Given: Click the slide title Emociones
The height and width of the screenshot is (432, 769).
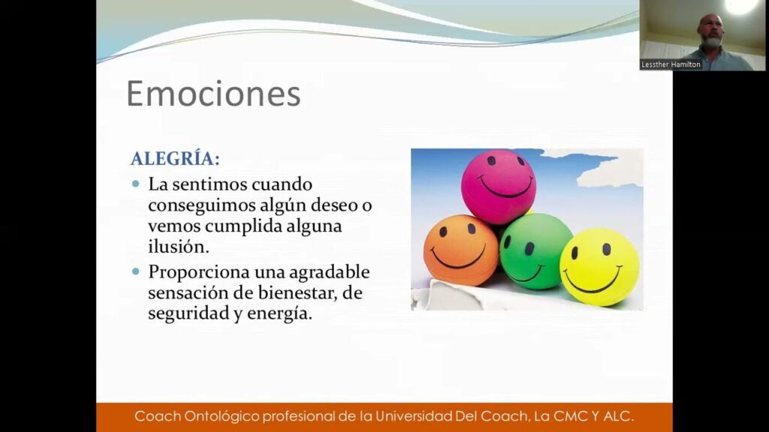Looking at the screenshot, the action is [x=213, y=93].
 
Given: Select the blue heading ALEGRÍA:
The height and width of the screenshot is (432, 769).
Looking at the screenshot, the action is [x=175, y=159].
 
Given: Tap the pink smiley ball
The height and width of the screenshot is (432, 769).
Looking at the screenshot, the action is [x=499, y=187].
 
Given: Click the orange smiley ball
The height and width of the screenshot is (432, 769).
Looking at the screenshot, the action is [x=461, y=250].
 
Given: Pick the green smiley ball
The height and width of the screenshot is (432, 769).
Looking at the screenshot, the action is [x=535, y=250].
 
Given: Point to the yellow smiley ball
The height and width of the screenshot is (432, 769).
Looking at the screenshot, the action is [x=599, y=267].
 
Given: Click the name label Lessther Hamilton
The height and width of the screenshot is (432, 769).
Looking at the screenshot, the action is [x=671, y=64].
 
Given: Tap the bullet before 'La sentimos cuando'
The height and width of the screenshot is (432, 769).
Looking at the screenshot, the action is [x=136, y=184].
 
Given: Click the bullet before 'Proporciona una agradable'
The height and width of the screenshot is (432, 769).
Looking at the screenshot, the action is [x=136, y=271].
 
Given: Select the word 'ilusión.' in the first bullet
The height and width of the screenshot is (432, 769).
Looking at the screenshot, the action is [x=179, y=246].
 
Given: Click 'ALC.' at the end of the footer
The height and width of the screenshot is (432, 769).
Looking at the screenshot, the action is [x=619, y=416].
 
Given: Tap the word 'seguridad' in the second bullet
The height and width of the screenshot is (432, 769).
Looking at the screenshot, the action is [x=188, y=313].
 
